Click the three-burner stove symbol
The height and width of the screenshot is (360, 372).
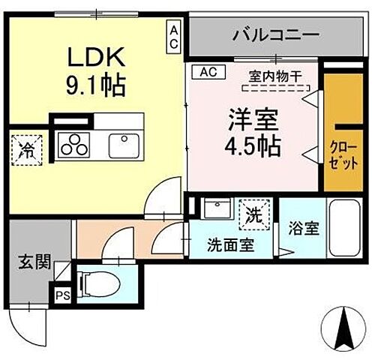coord(75,144)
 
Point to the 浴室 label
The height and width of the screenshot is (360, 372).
coord(301,229)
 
